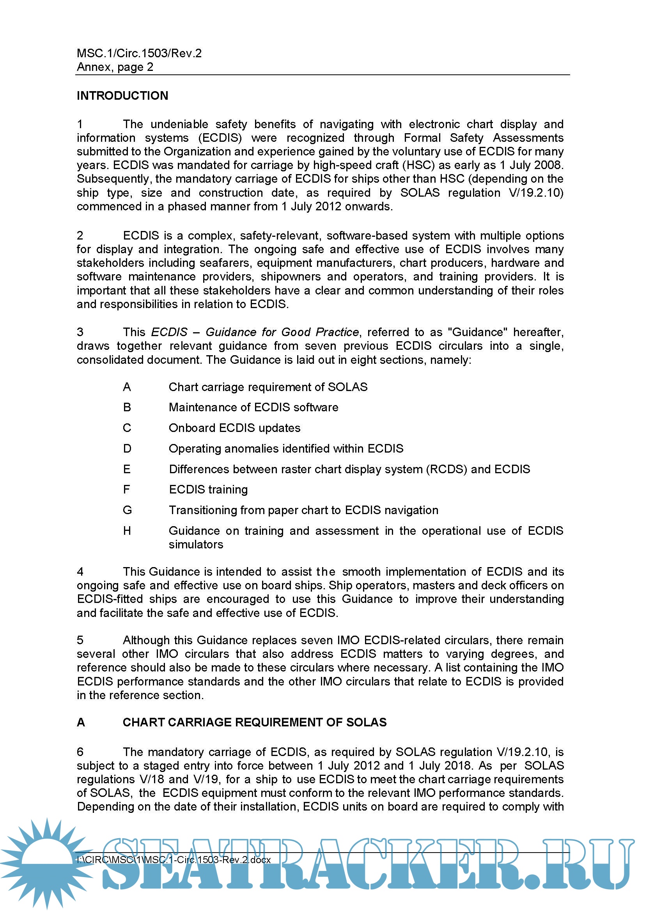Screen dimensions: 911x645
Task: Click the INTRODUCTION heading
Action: pos(122,96)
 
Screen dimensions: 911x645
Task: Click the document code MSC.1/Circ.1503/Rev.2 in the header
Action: pos(139,53)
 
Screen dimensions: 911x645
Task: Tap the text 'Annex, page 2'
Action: pos(115,67)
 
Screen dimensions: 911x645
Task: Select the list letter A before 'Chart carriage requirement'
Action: pos(127,387)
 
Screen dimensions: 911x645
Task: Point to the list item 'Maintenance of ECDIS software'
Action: pos(253,407)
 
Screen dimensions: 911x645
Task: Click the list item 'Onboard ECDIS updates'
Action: pos(234,428)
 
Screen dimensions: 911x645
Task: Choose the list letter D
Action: pos(127,449)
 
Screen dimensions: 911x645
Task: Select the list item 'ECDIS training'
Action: pos(208,490)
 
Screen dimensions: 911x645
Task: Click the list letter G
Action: pos(127,510)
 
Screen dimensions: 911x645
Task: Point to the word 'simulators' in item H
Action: pos(196,544)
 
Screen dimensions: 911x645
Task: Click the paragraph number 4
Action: pos(80,572)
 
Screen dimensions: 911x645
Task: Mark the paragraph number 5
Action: pos(80,640)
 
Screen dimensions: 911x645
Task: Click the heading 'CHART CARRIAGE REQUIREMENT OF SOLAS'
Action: pos(255,722)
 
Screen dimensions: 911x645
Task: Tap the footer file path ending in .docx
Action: pos(174,860)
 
